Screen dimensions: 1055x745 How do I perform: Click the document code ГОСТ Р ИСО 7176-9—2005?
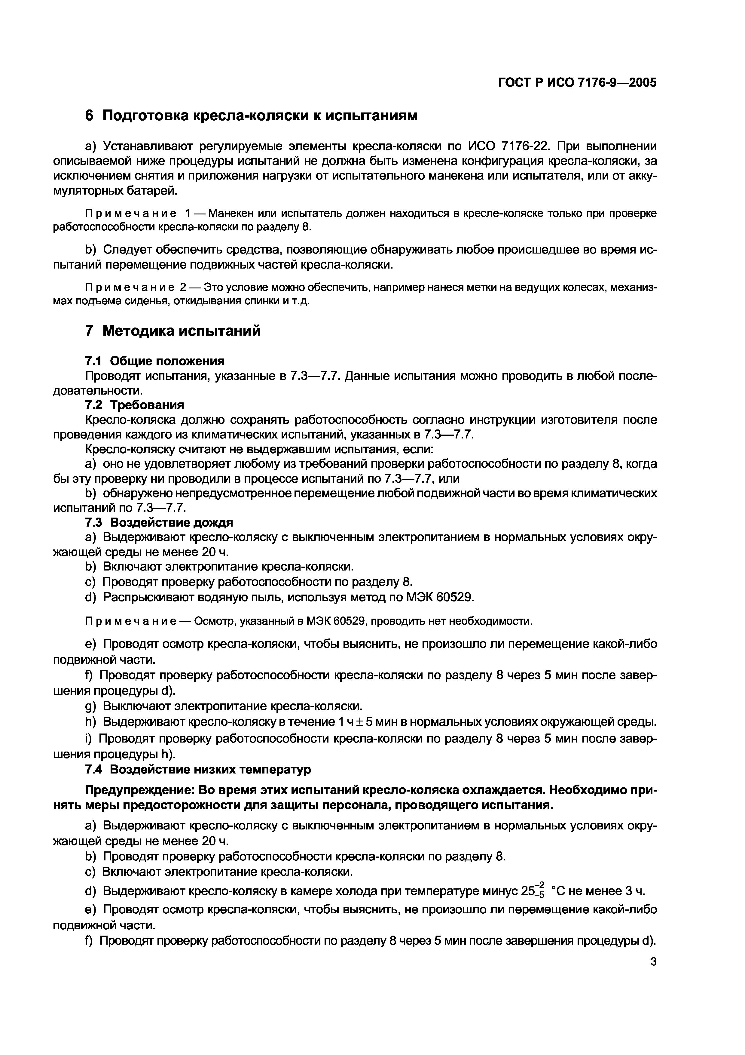pyautogui.click(x=577, y=83)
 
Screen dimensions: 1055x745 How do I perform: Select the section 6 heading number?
pyautogui.click(x=90, y=116)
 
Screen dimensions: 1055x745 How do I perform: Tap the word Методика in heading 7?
pyautogui.click(x=139, y=331)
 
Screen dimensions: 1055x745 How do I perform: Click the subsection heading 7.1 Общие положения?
pyautogui.click(x=155, y=361)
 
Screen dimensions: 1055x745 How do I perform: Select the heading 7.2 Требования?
pyautogui.click(x=135, y=405)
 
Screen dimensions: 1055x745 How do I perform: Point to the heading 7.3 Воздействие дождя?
pyautogui.click(x=159, y=522)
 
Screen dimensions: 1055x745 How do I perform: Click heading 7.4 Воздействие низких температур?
pyautogui.click(x=198, y=769)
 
